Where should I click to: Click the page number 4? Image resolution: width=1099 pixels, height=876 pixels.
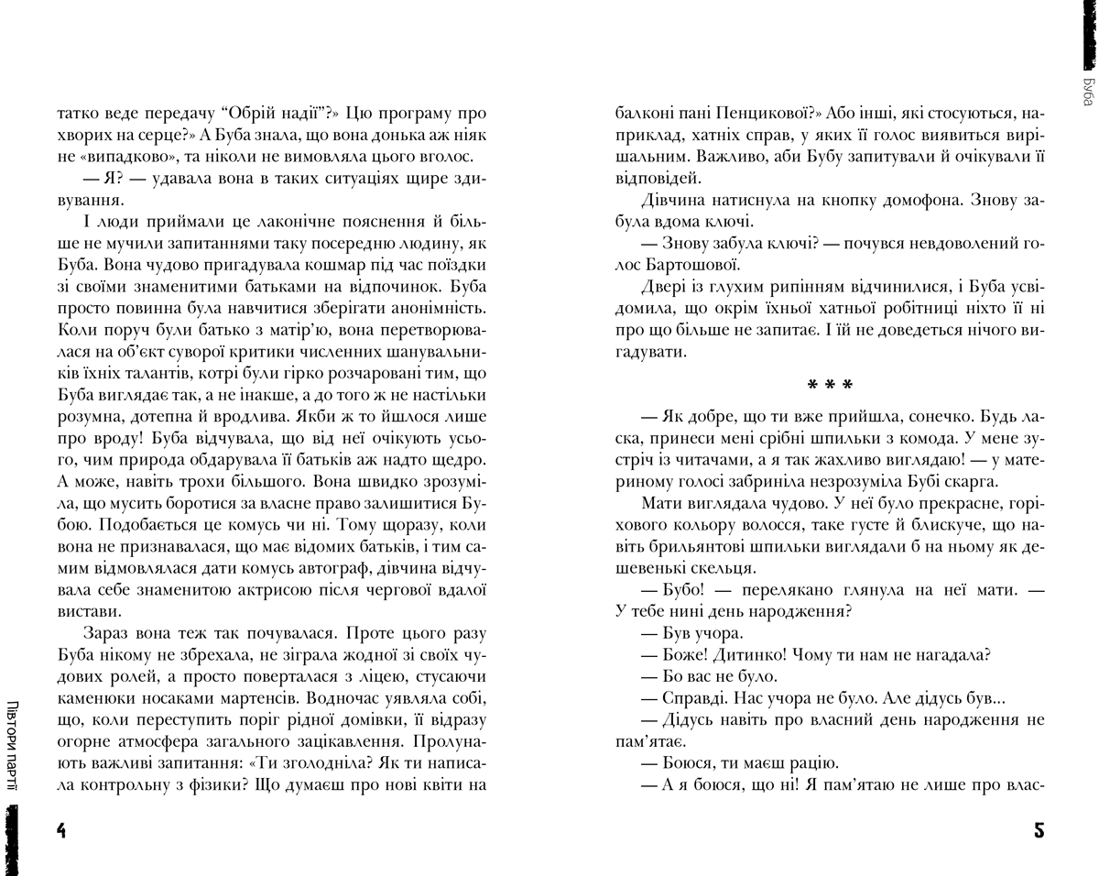[x=61, y=831]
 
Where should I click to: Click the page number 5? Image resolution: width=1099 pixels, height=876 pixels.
[x=1039, y=831]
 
